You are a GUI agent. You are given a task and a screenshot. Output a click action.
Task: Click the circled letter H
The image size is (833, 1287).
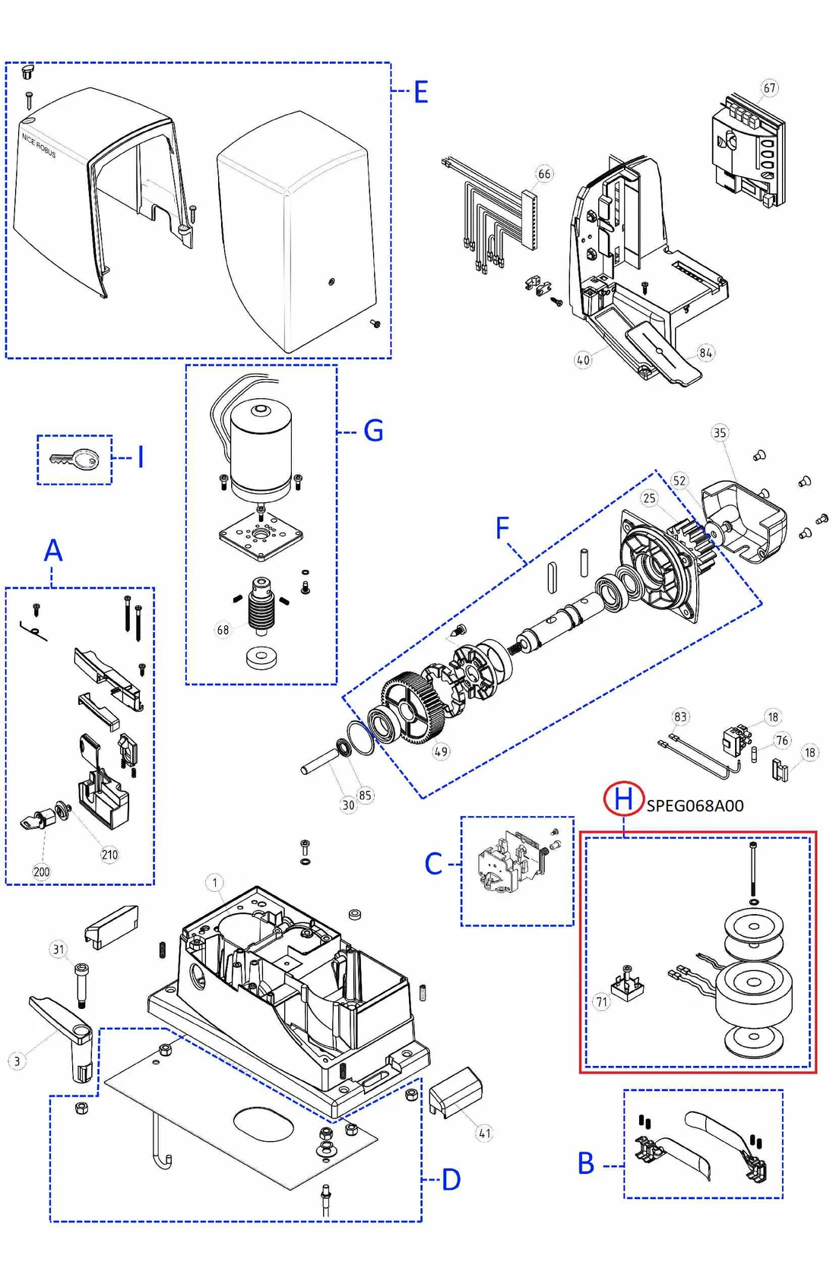[623, 798]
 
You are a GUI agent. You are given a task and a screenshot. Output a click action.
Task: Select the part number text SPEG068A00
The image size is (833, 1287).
[695, 806]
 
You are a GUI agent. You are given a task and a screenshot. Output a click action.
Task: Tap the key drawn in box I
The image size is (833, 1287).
[75, 459]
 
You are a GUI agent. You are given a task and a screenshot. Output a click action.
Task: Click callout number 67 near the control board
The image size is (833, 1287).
[770, 88]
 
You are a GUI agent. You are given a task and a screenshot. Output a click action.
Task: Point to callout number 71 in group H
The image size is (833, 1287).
[601, 1002]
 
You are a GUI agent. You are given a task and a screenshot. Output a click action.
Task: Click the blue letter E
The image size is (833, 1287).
[420, 93]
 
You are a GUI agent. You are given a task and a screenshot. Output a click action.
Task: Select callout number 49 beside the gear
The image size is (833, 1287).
[441, 751]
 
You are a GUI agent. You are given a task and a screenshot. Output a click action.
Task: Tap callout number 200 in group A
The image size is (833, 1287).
[41, 871]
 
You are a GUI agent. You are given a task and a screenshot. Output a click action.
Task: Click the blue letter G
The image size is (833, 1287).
[373, 431]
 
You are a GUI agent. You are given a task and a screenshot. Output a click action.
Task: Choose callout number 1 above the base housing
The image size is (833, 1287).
[215, 882]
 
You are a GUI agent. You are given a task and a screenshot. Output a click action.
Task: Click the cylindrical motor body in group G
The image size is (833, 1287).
[261, 448]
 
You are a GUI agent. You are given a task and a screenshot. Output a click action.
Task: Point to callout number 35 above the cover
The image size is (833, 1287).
[720, 433]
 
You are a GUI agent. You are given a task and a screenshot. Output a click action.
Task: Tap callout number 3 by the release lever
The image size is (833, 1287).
[17, 1061]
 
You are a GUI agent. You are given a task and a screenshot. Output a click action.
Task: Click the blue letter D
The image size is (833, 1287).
[451, 1180]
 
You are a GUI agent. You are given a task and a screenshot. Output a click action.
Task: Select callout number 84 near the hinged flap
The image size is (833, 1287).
[706, 353]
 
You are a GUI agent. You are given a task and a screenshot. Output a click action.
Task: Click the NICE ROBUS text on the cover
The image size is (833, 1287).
[39, 145]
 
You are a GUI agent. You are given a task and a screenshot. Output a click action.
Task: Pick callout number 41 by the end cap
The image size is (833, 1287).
[484, 1134]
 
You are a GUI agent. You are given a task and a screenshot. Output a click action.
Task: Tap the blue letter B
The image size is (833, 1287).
[586, 1163]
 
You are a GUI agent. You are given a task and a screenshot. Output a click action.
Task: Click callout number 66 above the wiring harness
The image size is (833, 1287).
[544, 174]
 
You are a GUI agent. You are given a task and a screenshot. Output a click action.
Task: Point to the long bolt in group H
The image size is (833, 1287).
[752, 870]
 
